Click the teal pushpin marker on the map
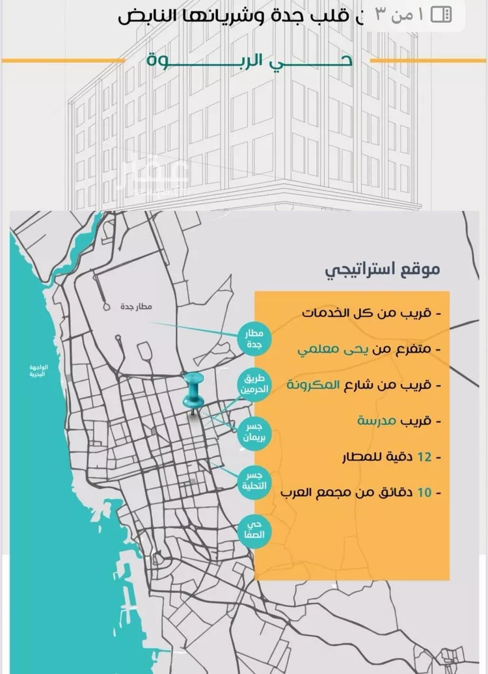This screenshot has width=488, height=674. tap(193, 391)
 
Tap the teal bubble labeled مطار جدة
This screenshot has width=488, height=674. tap(254, 339)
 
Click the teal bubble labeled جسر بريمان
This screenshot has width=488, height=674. tap(254, 433)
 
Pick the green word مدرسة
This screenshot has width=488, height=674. tap(377, 421)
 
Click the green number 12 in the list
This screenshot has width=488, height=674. tap(424, 457)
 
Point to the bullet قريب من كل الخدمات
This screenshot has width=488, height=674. tap(372, 313)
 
